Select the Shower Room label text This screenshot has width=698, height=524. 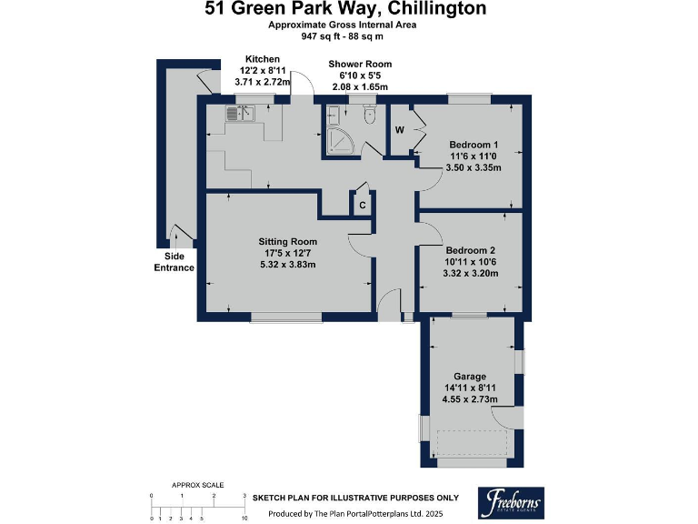click(x=360, y=64)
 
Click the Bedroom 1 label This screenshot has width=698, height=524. click(x=474, y=146)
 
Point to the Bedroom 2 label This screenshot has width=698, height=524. click(x=470, y=250)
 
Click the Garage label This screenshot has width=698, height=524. click(x=470, y=376)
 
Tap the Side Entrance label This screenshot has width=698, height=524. click(x=173, y=262)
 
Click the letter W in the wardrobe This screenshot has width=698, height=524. click(x=399, y=129)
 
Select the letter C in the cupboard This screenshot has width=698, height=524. click(x=362, y=206)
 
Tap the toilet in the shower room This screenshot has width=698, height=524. click(x=368, y=116)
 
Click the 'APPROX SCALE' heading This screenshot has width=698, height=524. click(x=197, y=485)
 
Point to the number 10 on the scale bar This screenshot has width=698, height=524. click(x=244, y=518)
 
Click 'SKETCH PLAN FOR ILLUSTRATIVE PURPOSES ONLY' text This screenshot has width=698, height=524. click(x=355, y=499)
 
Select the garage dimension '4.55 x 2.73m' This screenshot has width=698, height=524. click(x=470, y=398)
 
